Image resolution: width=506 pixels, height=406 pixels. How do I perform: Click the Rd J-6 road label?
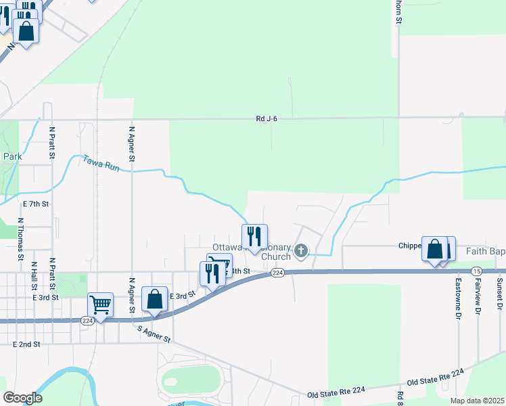point(267,119)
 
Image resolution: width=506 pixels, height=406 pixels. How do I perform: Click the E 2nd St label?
point(26,344)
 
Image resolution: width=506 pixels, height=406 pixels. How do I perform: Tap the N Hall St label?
point(34,278)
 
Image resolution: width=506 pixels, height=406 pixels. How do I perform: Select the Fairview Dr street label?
point(478,296)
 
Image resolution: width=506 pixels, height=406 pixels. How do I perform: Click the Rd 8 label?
point(400,398)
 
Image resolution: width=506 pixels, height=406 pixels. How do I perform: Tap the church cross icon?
point(301,252)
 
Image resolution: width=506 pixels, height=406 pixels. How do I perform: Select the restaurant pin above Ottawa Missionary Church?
point(254,237)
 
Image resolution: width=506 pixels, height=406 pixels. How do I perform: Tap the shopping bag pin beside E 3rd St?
point(155,299)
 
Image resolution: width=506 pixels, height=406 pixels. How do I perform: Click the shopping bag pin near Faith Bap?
point(435,249)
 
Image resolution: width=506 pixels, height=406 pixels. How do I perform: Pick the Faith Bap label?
point(485,251)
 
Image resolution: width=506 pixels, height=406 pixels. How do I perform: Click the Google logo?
point(23,398)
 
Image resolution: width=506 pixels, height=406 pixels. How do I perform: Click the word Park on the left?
point(12,156)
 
